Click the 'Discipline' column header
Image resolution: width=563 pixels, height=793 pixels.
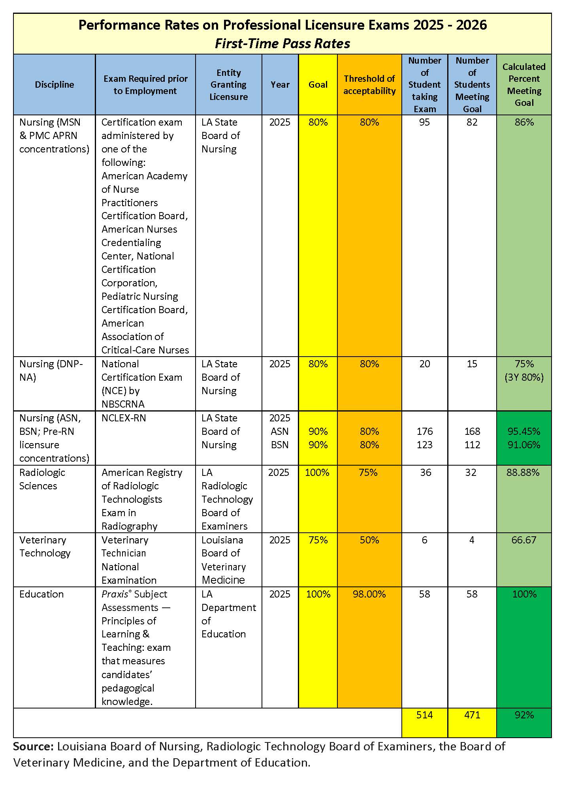coord(54,85)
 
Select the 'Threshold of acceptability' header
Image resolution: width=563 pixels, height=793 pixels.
coord(369,85)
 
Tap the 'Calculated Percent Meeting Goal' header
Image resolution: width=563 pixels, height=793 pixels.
coord(524,85)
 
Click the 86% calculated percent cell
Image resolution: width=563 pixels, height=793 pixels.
coord(524,122)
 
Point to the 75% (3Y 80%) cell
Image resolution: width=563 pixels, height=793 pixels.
coord(524,370)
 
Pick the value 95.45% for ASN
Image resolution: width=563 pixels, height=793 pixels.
coord(524,431)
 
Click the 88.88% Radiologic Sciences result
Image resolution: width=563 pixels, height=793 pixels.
coord(523,472)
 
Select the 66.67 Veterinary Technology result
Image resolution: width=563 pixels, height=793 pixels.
coord(523,540)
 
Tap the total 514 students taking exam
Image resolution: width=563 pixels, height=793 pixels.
coord(424,715)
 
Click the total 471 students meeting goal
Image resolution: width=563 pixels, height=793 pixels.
coord(472,715)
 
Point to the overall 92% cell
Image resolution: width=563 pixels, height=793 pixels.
coord(524,715)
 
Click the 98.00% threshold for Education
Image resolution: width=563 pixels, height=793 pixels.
coord(369,594)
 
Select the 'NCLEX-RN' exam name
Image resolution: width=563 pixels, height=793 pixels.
coord(124,418)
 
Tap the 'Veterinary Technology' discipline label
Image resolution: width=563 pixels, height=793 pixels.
coord(45,547)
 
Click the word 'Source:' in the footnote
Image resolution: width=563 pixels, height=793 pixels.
coord(33,746)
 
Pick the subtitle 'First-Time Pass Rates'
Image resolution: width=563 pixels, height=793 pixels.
coord(282,43)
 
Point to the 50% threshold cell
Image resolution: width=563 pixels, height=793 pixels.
coord(369,540)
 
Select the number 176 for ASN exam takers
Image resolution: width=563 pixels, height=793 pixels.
coord(424,431)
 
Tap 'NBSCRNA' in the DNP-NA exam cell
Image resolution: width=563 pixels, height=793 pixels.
coord(123,404)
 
